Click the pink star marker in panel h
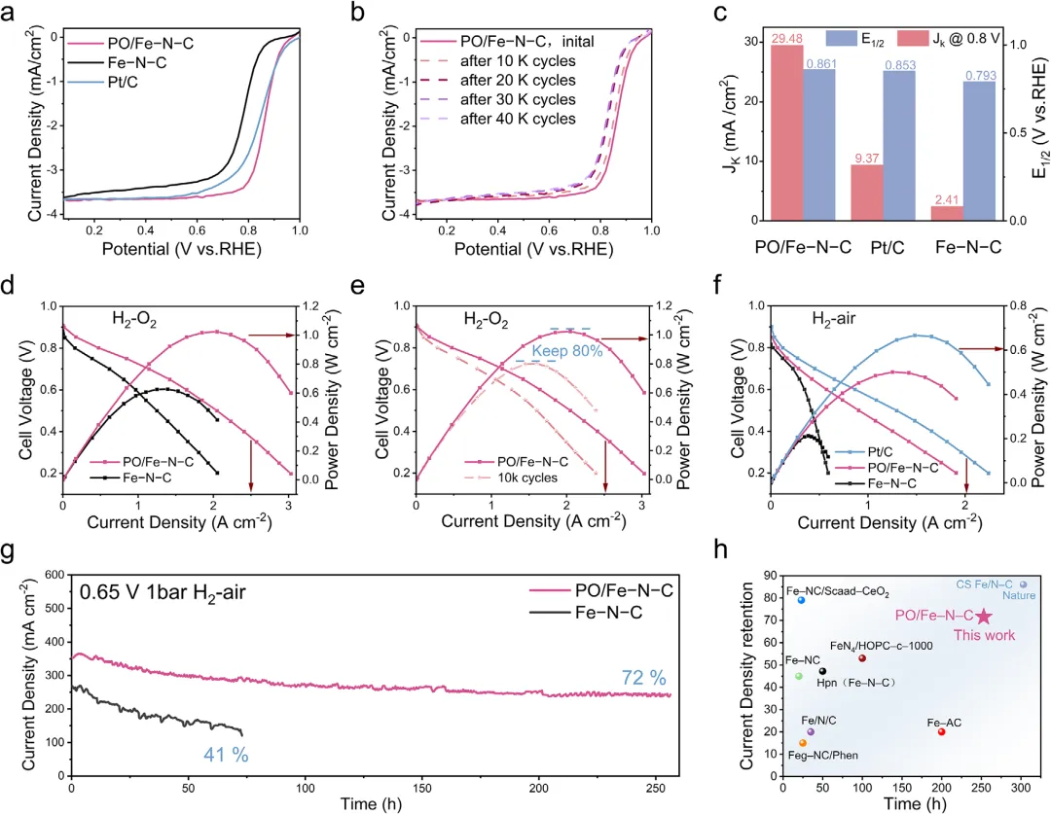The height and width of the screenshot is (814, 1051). pyautogui.click(x=984, y=617)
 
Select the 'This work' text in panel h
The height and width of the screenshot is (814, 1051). pyautogui.click(x=984, y=635)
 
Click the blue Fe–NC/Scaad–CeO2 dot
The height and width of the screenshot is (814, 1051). pyautogui.click(x=801, y=600)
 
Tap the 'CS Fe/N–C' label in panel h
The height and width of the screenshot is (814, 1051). pyautogui.click(x=983, y=584)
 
